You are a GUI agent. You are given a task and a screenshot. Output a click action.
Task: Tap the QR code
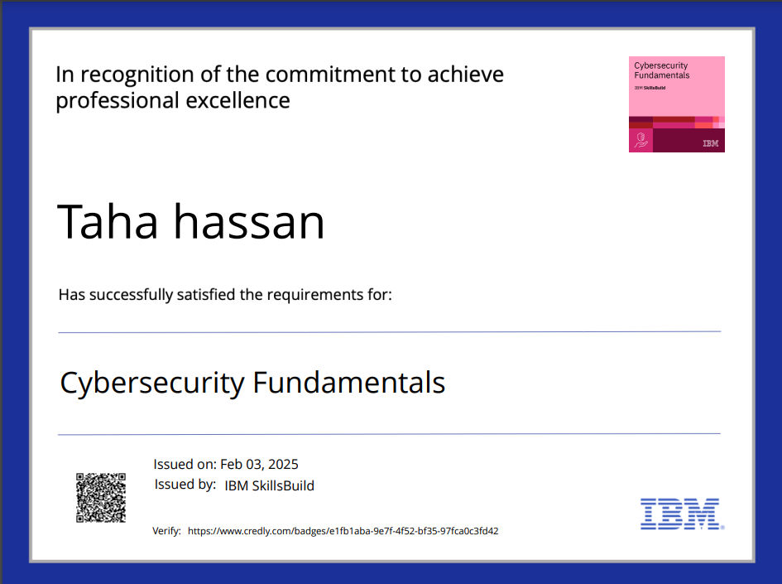(101, 498)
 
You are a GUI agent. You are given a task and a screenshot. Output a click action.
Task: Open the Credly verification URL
(343, 531)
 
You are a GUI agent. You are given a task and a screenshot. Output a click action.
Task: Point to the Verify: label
(166, 531)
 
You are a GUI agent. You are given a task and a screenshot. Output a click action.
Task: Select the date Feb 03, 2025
(259, 464)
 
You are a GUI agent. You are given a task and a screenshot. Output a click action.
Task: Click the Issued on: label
(185, 464)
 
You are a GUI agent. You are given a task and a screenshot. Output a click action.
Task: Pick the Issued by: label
(185, 485)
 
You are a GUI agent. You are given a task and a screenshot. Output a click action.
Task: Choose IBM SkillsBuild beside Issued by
(269, 485)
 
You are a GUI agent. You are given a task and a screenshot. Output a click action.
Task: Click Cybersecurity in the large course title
(152, 383)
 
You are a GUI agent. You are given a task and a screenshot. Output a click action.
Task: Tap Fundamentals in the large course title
(348, 383)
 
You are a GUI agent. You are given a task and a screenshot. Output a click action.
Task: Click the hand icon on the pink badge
(640, 142)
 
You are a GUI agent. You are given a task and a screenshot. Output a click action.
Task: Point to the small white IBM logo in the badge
(710, 143)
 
